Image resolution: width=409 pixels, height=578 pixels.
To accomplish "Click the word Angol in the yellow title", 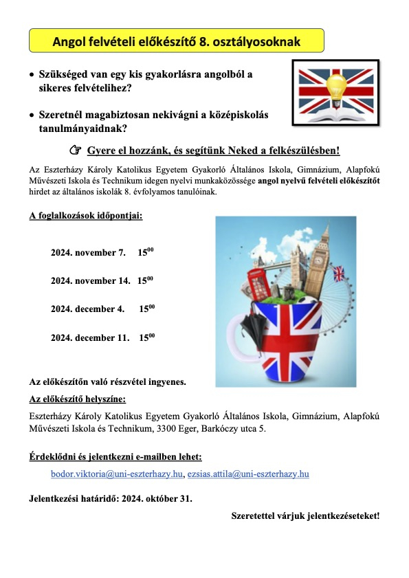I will click(70, 43).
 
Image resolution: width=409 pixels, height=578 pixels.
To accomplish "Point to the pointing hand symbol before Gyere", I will click(76, 151).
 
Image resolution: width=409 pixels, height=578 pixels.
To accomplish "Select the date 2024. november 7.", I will click(88, 253).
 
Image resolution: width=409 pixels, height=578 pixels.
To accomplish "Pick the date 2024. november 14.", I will click(90, 280).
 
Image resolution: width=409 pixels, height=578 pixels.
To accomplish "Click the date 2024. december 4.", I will click(87, 309).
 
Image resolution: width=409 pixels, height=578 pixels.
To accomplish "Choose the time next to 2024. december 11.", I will click(146, 337).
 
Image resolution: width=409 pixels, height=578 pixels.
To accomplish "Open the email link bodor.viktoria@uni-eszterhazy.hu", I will click(117, 474).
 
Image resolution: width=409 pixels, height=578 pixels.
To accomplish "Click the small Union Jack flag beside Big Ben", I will click(338, 274).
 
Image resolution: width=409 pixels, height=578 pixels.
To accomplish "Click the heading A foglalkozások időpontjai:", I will click(85, 215).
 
